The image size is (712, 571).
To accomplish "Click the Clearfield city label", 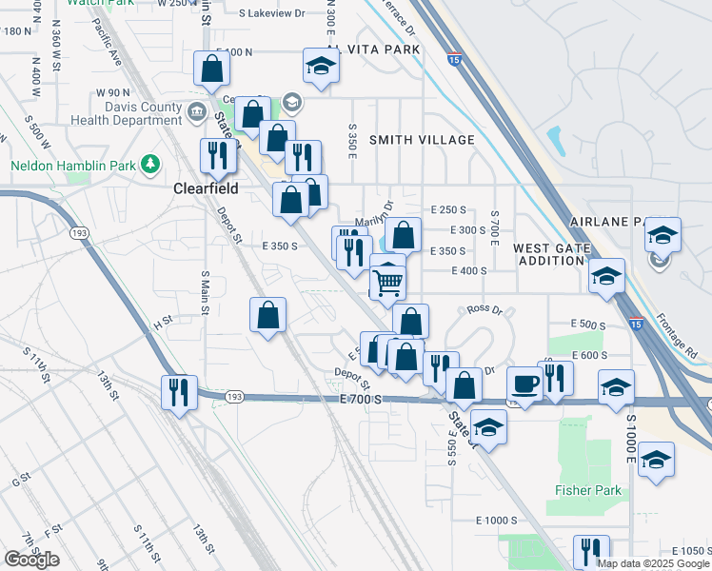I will coord(205,188).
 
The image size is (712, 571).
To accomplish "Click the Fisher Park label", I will coord(589,490).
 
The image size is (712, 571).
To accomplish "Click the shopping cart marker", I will coord(387,281).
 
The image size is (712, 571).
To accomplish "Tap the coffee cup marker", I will coord(524,383).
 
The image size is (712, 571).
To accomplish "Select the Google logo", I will coord(32,560).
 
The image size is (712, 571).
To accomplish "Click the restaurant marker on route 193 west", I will coord(178,391).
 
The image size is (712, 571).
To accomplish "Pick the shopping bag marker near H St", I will coord(269,314).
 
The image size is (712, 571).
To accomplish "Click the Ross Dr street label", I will coord(484,310).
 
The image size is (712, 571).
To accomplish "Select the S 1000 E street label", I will coord(630,437).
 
